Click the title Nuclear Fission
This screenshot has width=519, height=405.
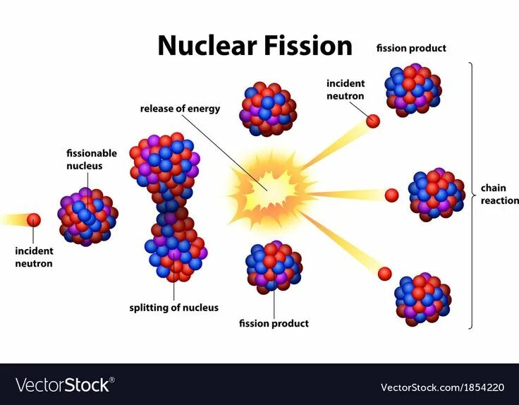point(255,45)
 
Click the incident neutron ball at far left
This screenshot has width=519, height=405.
point(34,219)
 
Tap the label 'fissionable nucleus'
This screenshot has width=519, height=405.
point(92,159)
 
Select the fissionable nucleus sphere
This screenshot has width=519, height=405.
point(87,217)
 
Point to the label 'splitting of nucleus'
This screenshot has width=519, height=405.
point(173,308)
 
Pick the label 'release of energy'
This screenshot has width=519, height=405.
point(180,109)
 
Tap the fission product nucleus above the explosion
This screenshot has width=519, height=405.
point(268,109)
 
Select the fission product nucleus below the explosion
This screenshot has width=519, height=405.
point(274,267)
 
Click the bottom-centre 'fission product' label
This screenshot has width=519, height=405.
point(274,324)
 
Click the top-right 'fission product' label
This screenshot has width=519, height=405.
point(411,49)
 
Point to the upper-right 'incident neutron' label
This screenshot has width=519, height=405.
point(346,90)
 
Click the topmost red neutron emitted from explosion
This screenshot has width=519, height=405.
point(374,121)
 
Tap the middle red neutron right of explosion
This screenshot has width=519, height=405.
point(392,195)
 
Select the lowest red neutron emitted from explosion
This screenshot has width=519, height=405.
point(384,273)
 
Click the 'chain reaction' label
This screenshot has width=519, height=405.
point(499,194)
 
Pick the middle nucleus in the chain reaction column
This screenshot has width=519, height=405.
point(436,194)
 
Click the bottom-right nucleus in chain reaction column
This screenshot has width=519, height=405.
point(422,299)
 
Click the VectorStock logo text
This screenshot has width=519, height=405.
point(63,385)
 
